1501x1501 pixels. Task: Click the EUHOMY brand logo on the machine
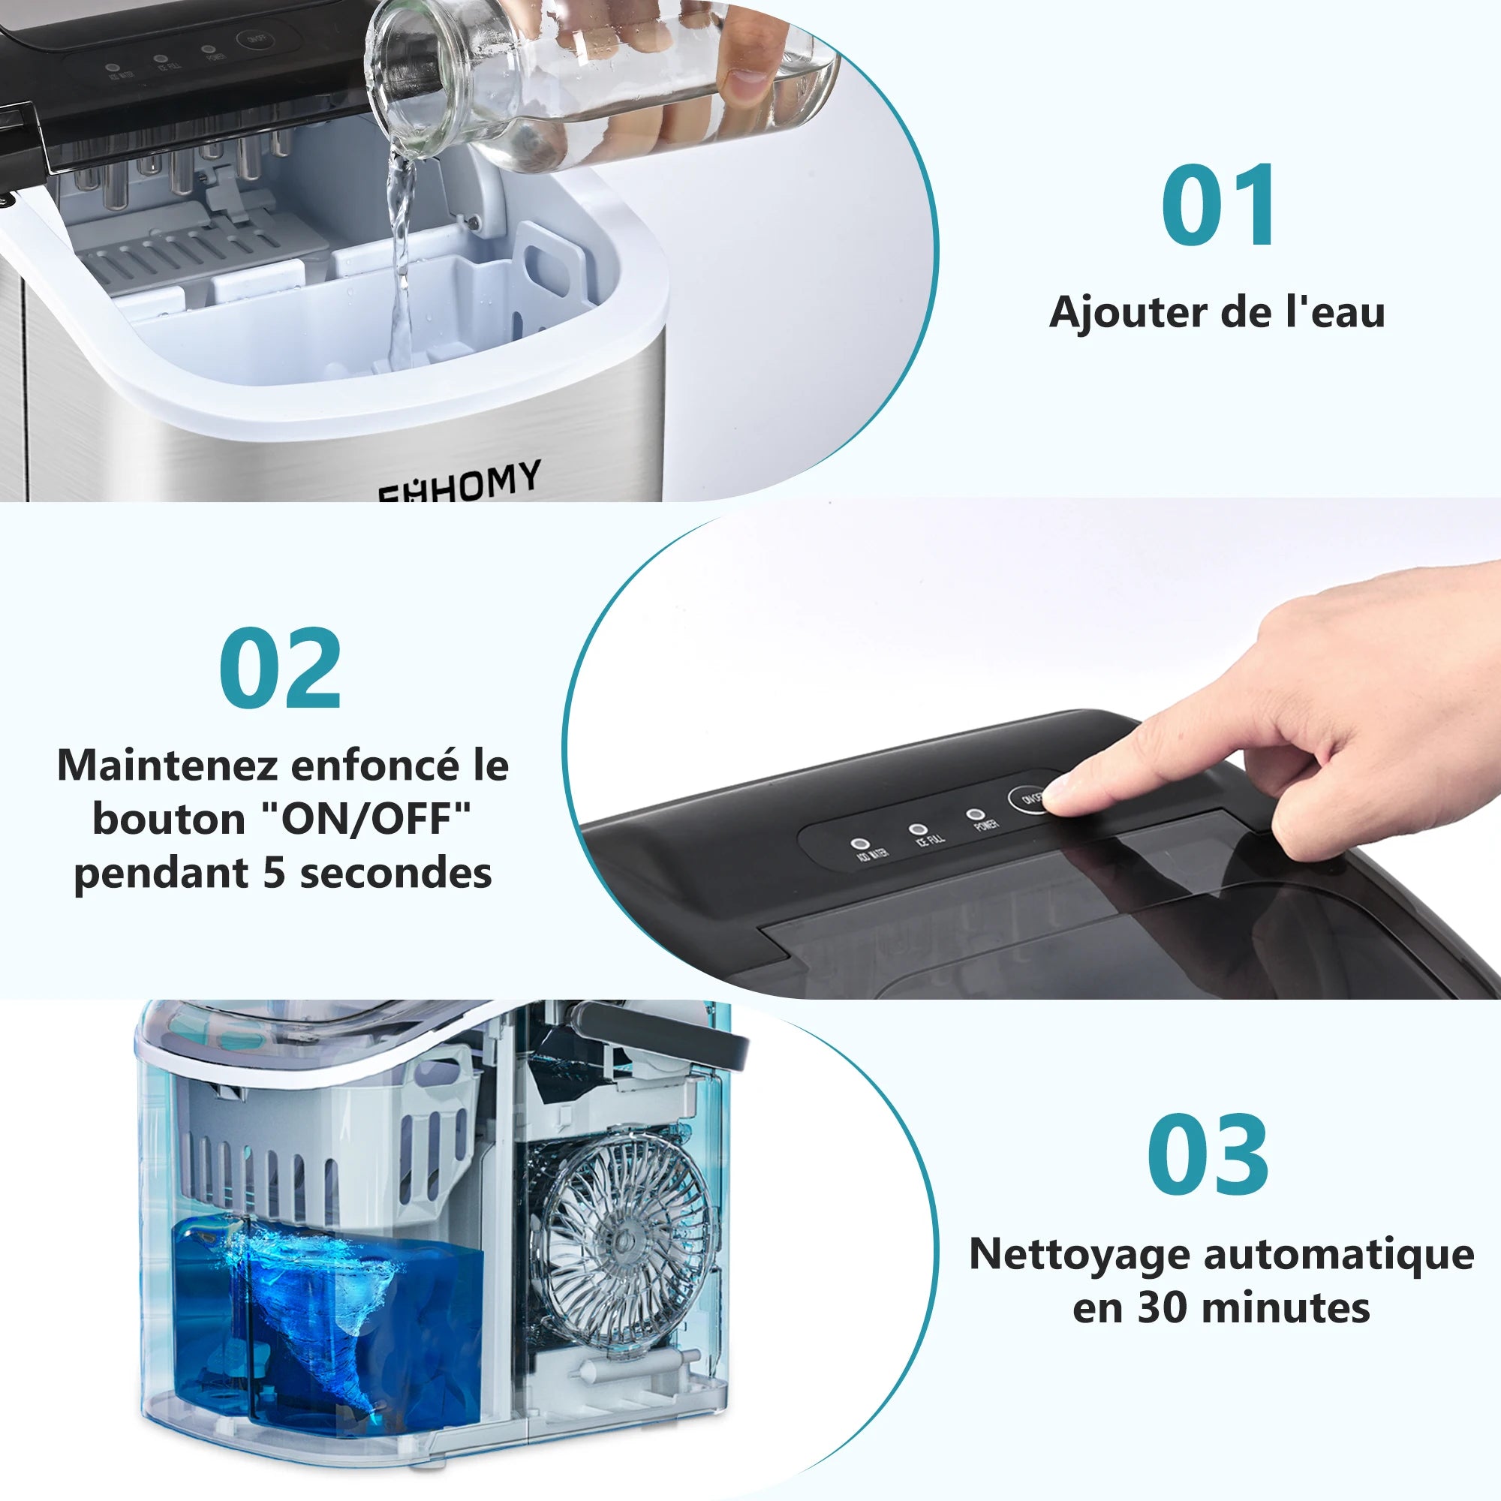point(459,482)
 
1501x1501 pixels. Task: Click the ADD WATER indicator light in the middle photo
point(859,843)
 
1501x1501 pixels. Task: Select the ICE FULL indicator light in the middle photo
point(918,830)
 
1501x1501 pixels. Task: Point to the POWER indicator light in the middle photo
point(973,814)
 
